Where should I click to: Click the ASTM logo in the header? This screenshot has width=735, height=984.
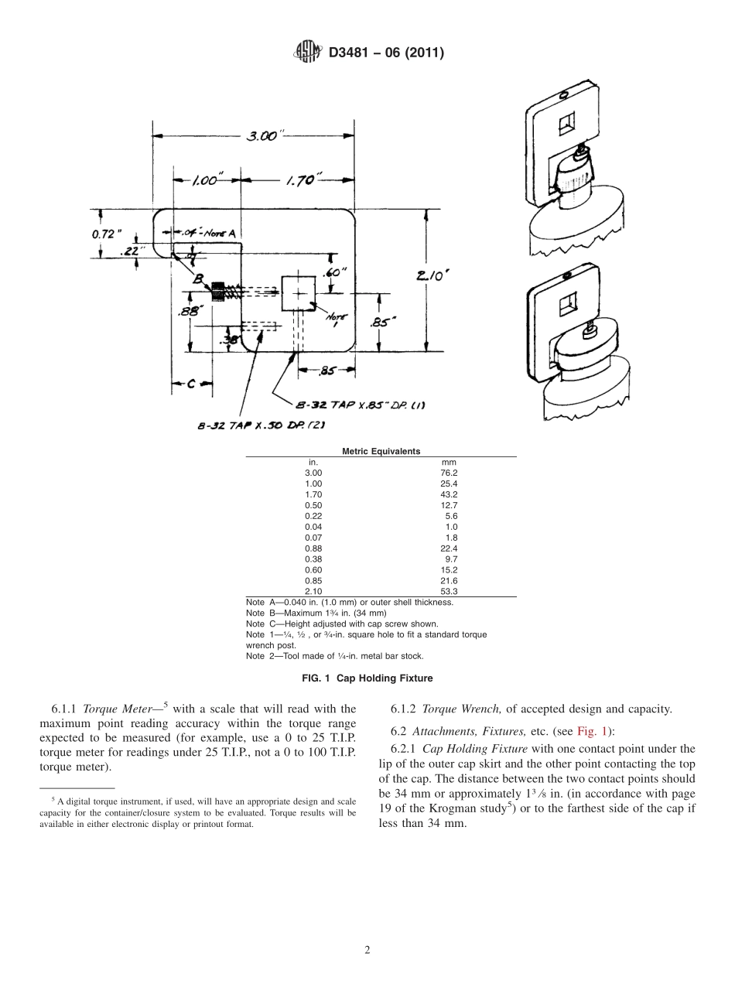pyautogui.click(x=308, y=53)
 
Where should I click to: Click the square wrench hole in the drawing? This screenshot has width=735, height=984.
pyautogui.click(x=296, y=292)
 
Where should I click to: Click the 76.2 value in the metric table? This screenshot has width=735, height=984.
pyautogui.click(x=448, y=472)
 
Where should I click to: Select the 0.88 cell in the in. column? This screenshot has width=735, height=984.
pyautogui.click(x=313, y=548)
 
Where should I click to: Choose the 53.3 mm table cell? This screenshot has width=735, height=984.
pyautogui.click(x=448, y=591)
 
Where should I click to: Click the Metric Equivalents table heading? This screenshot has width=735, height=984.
pyautogui.click(x=381, y=451)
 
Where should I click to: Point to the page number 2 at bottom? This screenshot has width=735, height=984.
pyautogui.click(x=367, y=951)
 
